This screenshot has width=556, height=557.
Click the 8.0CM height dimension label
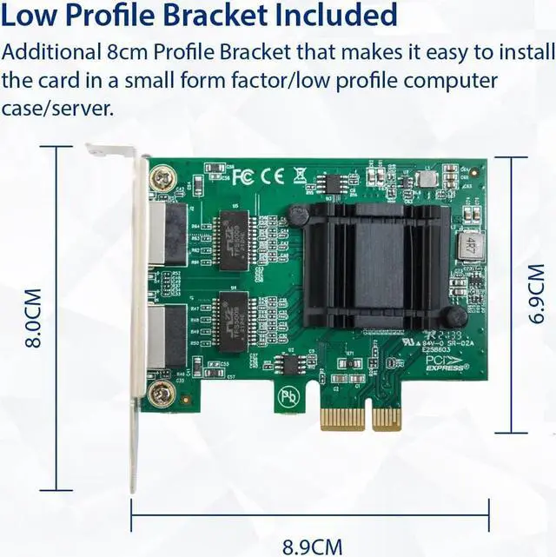pos(34,319)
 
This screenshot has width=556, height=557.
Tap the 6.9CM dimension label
pos(540,295)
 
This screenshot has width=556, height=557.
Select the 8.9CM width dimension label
pos(313,547)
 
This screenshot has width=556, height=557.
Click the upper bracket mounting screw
pos(160,180)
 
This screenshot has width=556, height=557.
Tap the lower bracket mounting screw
pos(160,396)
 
